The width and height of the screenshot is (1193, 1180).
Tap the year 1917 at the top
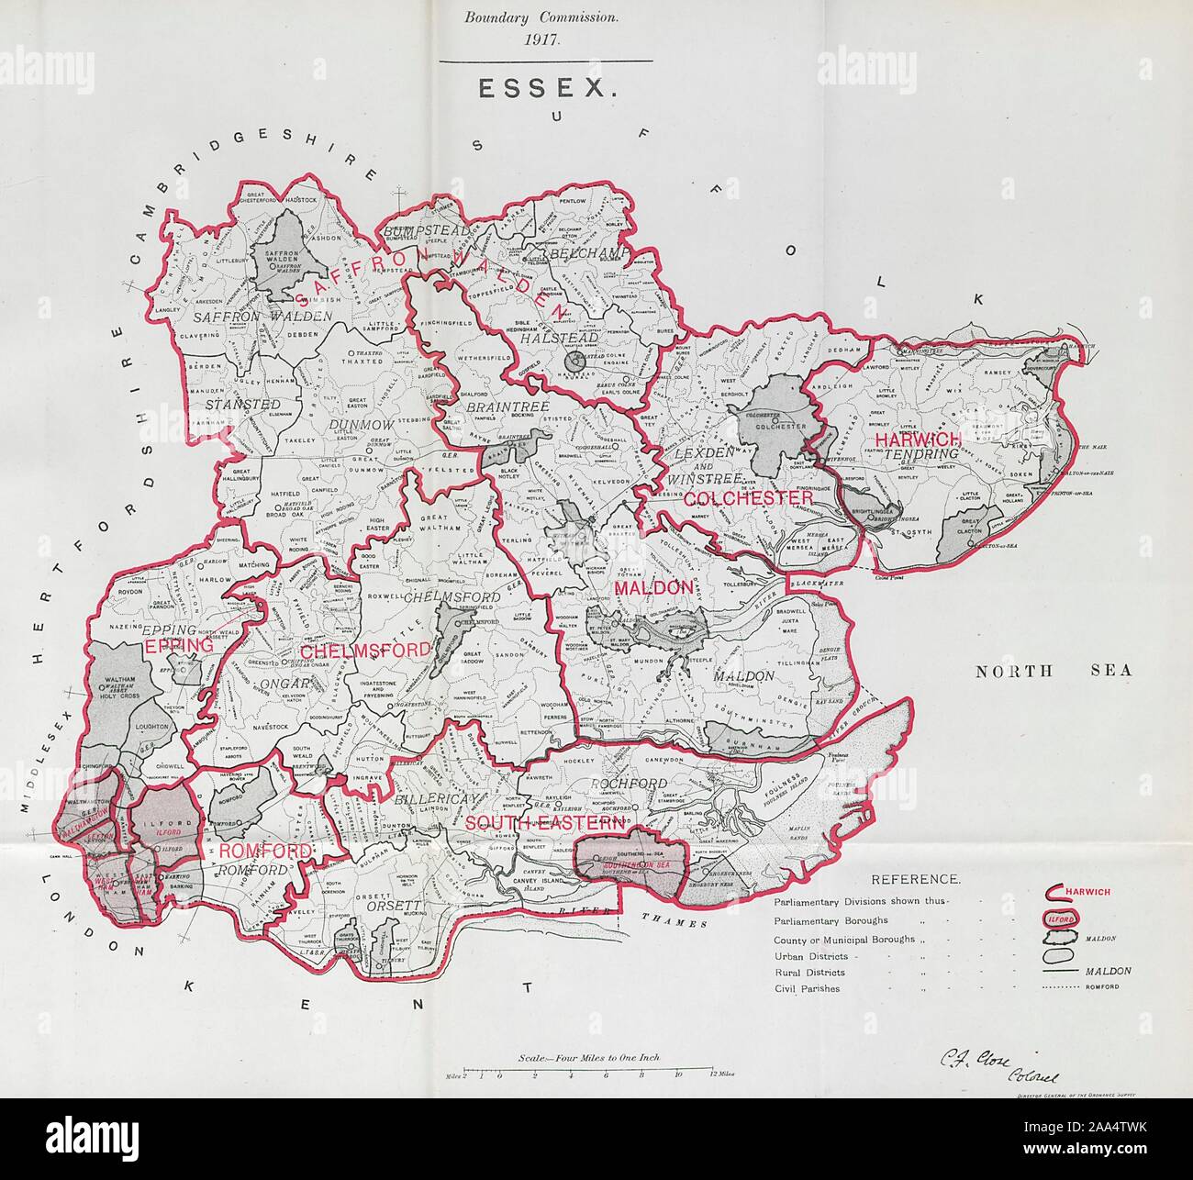(x=546, y=39)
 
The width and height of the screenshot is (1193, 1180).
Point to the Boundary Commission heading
(x=546, y=17)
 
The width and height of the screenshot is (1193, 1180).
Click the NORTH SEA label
(x=1053, y=671)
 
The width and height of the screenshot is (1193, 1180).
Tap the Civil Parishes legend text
(x=807, y=989)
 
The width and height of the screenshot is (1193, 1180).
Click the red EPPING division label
(x=179, y=645)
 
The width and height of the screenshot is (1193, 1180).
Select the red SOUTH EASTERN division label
(x=544, y=823)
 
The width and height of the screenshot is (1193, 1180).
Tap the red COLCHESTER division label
(x=749, y=496)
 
